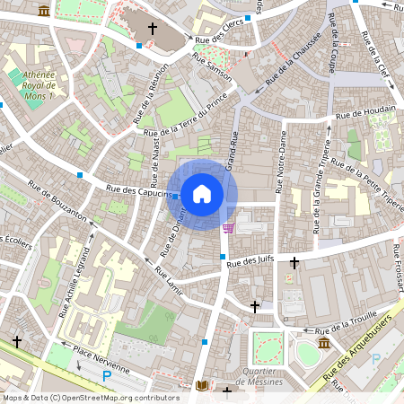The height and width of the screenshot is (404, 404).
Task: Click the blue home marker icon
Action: click(x=202, y=193)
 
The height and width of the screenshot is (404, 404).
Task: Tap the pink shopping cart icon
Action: click(x=228, y=227)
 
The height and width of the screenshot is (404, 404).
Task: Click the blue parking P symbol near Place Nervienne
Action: click(x=107, y=377)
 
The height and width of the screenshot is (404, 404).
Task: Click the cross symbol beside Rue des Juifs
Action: click(x=294, y=262)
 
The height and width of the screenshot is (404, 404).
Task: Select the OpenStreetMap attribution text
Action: click(x=90, y=398)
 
